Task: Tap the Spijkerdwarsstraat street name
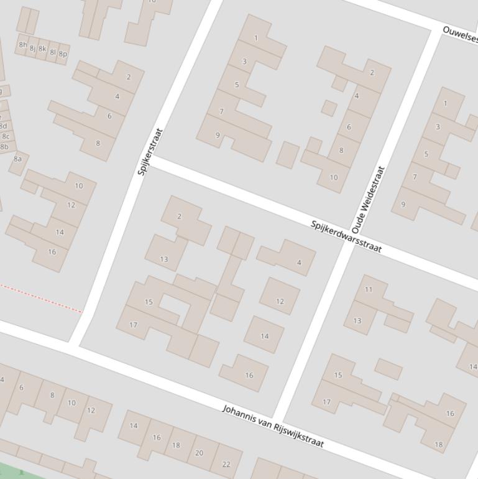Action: [x=346, y=236]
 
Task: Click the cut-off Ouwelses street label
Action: [x=460, y=35]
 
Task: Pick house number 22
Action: [x=226, y=464]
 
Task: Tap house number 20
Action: [x=199, y=453]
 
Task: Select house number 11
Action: [x=369, y=289]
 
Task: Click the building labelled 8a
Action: [x=17, y=159]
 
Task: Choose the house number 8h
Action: [x=23, y=45]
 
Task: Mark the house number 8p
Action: [x=63, y=54]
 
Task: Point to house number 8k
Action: [x=42, y=49]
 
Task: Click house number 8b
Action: [x=5, y=147]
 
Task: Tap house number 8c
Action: [x=5, y=136]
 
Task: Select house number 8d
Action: [x=3, y=126]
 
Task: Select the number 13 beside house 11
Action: [x=357, y=321]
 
